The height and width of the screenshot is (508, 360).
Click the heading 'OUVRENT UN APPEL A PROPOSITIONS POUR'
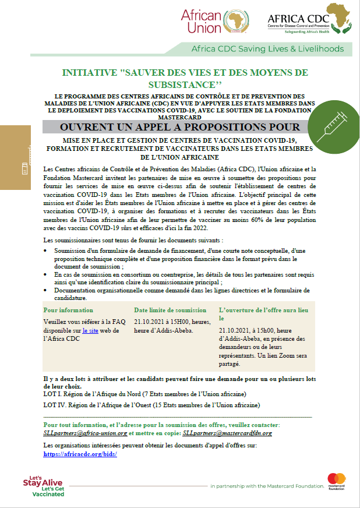(x=180, y=127)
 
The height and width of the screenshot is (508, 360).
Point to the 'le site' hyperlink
(x=91, y=330)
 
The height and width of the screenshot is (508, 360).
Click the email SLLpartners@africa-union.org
(x=85, y=433)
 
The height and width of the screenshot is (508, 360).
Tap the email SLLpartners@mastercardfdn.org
(x=227, y=433)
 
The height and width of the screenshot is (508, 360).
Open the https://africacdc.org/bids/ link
(x=80, y=453)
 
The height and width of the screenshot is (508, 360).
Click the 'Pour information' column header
(x=68, y=310)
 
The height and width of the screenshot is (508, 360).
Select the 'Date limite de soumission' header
(x=170, y=310)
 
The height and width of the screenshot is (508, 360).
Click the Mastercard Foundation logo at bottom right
(x=336, y=481)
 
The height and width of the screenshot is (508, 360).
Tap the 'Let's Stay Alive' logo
(x=43, y=485)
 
